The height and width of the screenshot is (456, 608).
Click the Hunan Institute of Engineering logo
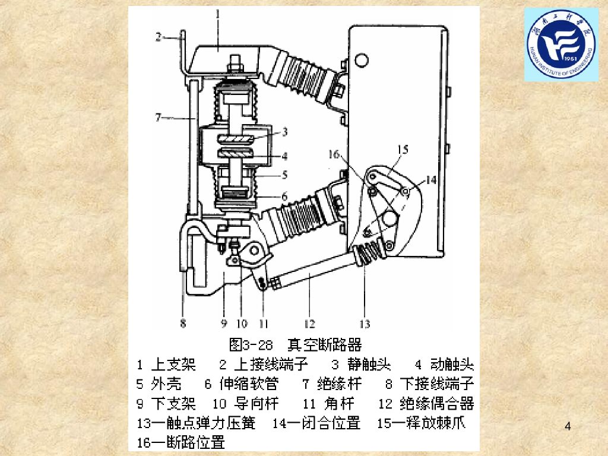561,45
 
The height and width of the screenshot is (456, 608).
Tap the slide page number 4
568,426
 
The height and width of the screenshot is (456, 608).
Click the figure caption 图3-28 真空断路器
295,344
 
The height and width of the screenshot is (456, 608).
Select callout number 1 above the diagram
218,15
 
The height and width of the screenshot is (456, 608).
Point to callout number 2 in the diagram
158,37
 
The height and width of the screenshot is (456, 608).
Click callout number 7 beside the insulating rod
158,117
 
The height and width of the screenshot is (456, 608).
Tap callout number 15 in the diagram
403,149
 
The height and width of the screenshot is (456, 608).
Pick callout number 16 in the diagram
334,154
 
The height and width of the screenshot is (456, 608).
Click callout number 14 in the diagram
431,180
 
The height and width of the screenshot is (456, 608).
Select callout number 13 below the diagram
365,324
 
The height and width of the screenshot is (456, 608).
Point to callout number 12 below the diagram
309,324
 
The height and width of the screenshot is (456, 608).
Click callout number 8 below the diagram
183,324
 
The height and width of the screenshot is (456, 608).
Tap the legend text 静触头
369,365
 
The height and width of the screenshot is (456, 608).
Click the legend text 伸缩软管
249,384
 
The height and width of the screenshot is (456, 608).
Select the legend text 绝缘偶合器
436,403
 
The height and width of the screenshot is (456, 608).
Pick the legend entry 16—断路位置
180,442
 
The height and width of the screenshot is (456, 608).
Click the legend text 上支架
173,365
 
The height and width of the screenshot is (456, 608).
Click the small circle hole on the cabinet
362,61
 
